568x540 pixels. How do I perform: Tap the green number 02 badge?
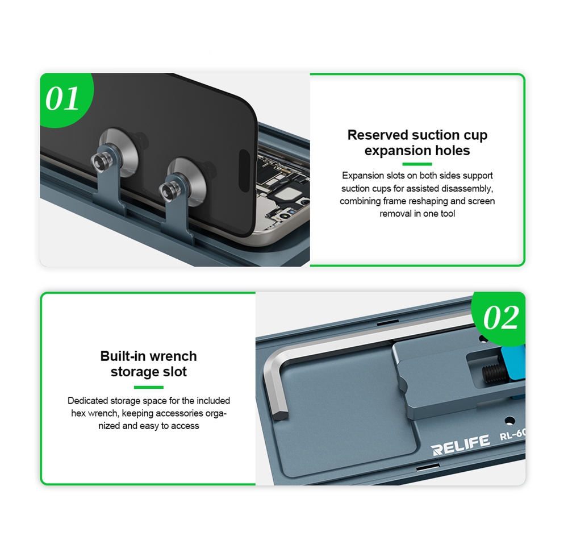coord(500,318)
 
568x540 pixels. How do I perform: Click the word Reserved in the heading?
coord(378,135)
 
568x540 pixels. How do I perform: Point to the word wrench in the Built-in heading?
coord(173,356)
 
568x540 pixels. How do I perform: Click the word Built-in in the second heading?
coord(123,356)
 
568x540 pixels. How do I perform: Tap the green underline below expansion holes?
coord(417,164)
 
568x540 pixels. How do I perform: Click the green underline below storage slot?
coord(148,388)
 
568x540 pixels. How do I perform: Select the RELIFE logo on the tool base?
coord(461,445)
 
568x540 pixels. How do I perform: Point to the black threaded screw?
coord(494,372)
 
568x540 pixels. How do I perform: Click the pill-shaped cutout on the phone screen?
coord(245,171)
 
